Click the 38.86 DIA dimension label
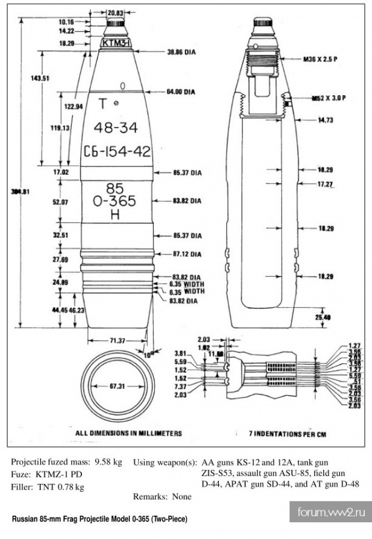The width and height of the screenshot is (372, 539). (x=181, y=53)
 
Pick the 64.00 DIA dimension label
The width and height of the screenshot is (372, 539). (x=182, y=92)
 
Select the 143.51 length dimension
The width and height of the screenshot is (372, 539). (x=41, y=78)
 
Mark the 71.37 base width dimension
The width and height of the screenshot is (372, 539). (x=117, y=341)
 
